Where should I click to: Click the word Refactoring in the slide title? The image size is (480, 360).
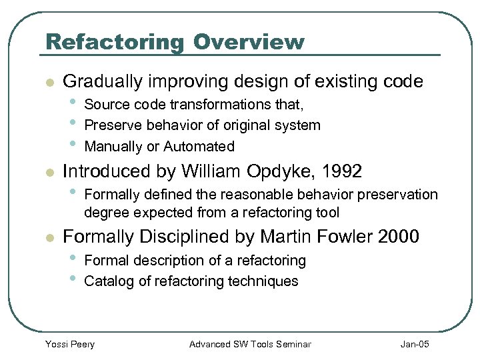114,42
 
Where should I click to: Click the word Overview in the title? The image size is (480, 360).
249,42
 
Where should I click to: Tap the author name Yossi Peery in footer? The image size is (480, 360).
69,344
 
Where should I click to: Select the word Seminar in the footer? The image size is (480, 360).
291,344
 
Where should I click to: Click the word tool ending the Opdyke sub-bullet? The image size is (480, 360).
328,213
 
